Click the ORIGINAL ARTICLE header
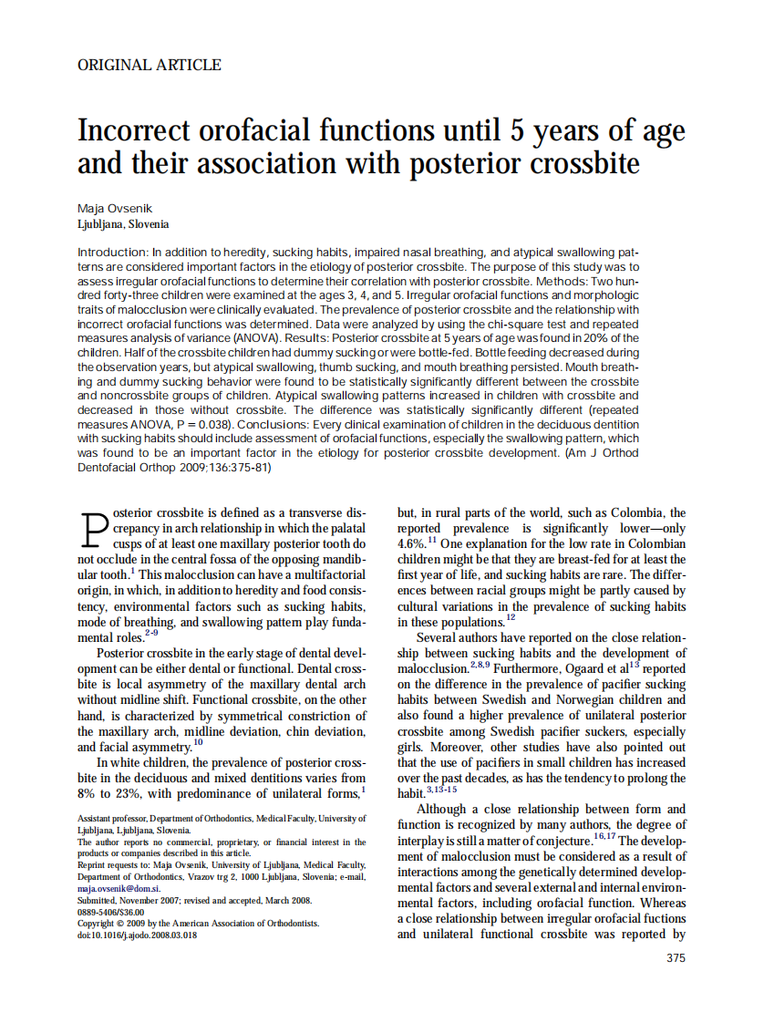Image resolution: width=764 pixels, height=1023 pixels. click(x=150, y=65)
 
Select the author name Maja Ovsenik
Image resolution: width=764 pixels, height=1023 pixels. click(x=109, y=209)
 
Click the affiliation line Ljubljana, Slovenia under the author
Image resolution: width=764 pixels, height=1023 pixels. click(x=123, y=224)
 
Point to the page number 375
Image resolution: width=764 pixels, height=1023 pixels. click(x=676, y=958)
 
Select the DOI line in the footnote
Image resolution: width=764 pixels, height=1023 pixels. click(x=137, y=935)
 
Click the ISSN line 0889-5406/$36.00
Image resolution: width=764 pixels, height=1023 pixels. click(x=111, y=912)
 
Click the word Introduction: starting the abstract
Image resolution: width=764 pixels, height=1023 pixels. click(x=113, y=250)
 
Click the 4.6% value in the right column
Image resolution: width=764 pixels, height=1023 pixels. click(x=411, y=543)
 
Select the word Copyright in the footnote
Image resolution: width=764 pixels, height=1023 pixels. click(x=98, y=924)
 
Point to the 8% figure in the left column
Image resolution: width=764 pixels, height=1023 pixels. click(x=89, y=793)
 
